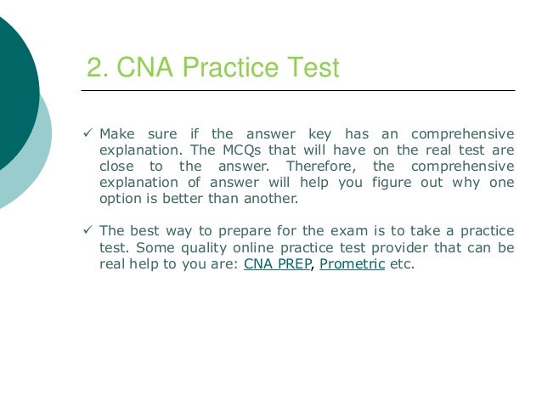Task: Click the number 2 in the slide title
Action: pyautogui.click(x=94, y=67)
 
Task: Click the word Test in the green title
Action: pyautogui.click(x=309, y=67)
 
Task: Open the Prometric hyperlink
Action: pyautogui.click(x=352, y=263)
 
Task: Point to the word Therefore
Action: pyautogui.click(x=318, y=166)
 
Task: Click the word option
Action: pyautogui.click(x=120, y=198)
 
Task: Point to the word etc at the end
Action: pyautogui.click(x=403, y=263)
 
